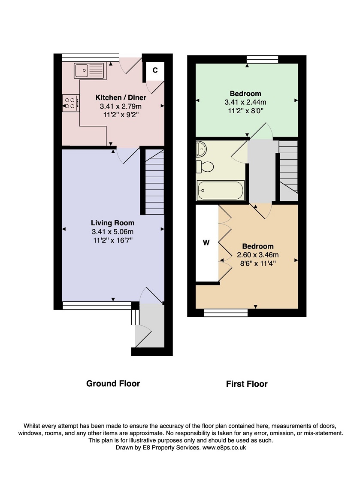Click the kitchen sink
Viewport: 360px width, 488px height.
click(x=89, y=70)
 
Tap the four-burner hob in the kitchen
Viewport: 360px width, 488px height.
click(x=71, y=103)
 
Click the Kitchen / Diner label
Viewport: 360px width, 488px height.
click(x=121, y=97)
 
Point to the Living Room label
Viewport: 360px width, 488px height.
click(x=113, y=223)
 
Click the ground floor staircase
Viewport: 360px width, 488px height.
click(x=154, y=182)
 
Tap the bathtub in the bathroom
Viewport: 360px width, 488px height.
click(x=220, y=191)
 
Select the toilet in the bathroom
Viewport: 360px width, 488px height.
click(x=205, y=167)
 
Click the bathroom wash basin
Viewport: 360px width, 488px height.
click(x=201, y=149)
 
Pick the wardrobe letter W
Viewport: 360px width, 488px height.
click(x=206, y=243)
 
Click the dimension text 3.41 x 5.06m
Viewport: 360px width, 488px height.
click(x=113, y=231)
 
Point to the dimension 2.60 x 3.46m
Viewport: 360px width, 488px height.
click(x=257, y=255)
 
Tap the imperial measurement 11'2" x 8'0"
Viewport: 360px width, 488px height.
click(x=245, y=111)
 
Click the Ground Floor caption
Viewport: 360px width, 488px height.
click(x=113, y=383)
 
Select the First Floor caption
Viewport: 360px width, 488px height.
click(x=247, y=384)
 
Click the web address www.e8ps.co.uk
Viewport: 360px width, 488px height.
click(x=224, y=448)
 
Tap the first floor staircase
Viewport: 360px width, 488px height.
click(x=289, y=171)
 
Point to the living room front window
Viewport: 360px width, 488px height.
click(x=97, y=306)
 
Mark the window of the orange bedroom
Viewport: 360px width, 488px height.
click(x=226, y=312)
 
